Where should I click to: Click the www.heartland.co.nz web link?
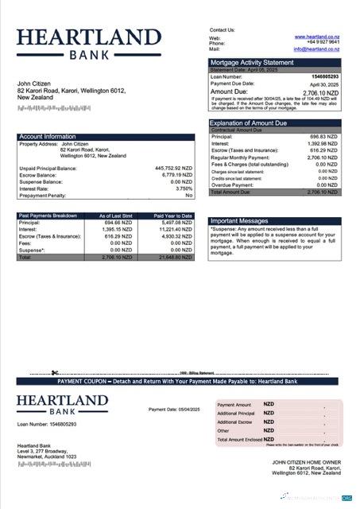[316, 37]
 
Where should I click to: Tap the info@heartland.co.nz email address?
[315, 49]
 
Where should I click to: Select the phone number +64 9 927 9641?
[323, 43]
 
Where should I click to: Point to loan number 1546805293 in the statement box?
[323, 76]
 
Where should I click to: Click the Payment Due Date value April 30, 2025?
[323, 83]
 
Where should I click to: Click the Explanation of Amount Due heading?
[248, 123]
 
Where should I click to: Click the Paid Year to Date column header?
[173, 216]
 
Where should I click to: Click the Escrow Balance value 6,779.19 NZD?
[176, 175]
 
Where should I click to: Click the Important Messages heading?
[240, 221]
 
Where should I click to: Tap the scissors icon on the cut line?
[55, 372]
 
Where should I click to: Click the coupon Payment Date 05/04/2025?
[172, 410]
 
